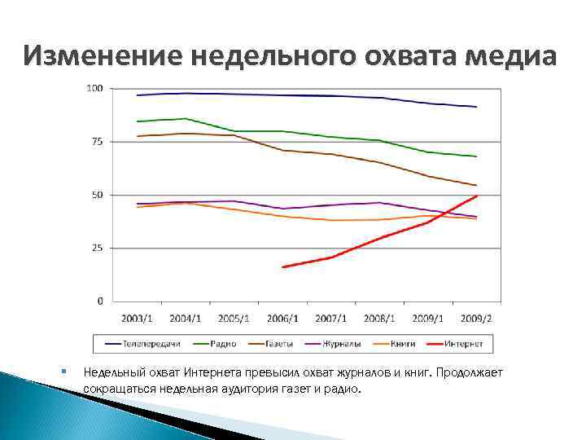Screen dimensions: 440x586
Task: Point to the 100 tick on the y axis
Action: [x=94, y=88]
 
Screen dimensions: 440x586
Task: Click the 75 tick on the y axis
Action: [x=97, y=142]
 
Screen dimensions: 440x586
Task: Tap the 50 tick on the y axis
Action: [x=97, y=195]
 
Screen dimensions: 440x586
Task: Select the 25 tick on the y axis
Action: [x=97, y=248]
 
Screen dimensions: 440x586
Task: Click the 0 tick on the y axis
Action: [x=100, y=301]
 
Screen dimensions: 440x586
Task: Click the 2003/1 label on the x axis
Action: [x=138, y=318]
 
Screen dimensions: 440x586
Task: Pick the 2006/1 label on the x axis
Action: [x=283, y=318]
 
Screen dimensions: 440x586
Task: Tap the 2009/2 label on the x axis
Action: [x=477, y=318]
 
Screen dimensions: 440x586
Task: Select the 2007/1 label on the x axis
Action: [x=331, y=318]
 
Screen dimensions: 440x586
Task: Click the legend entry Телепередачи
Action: [x=146, y=344]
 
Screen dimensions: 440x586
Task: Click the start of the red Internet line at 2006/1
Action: [x=283, y=266]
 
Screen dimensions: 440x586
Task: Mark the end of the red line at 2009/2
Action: [x=477, y=196]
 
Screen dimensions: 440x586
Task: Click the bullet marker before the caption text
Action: [x=63, y=372]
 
